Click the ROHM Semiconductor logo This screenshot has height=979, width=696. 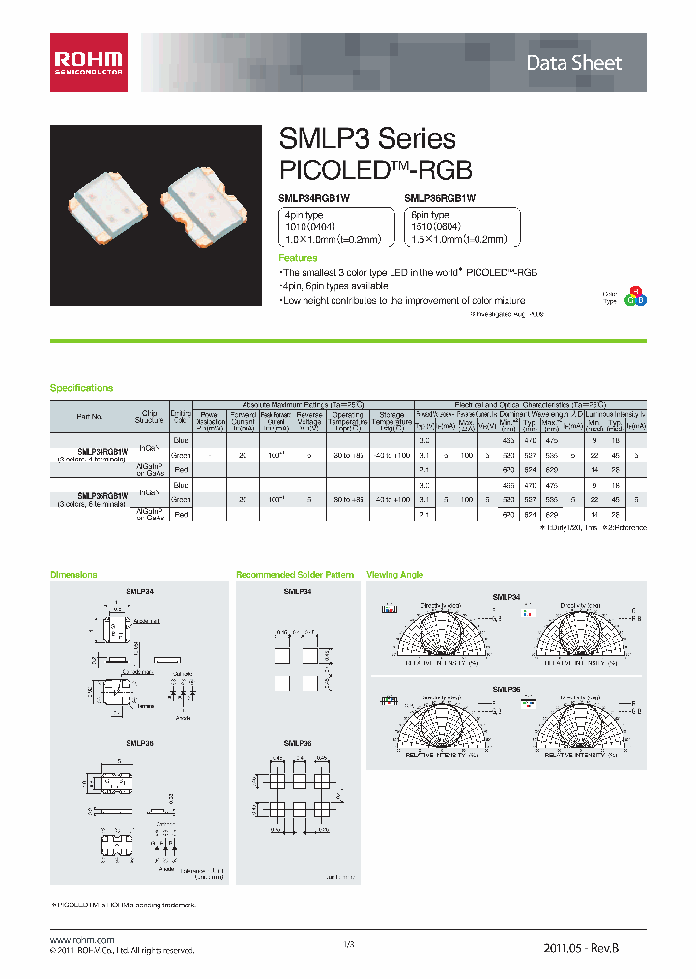click(x=88, y=63)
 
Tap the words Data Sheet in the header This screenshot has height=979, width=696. click(x=587, y=63)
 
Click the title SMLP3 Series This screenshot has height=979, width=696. click(x=366, y=139)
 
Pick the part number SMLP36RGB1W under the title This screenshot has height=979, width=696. click(x=441, y=197)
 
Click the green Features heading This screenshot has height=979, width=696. click(x=298, y=258)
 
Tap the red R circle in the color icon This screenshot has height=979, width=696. click(x=635, y=291)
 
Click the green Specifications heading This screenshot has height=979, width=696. click(x=81, y=388)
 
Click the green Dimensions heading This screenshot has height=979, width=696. click(x=73, y=575)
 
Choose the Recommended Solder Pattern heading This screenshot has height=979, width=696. click(x=295, y=575)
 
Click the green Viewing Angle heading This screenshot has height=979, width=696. click(x=394, y=575)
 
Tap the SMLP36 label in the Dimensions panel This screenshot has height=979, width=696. click(x=137, y=743)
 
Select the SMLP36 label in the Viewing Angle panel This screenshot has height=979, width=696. click(x=507, y=690)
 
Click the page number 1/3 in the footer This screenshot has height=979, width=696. click(x=349, y=943)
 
